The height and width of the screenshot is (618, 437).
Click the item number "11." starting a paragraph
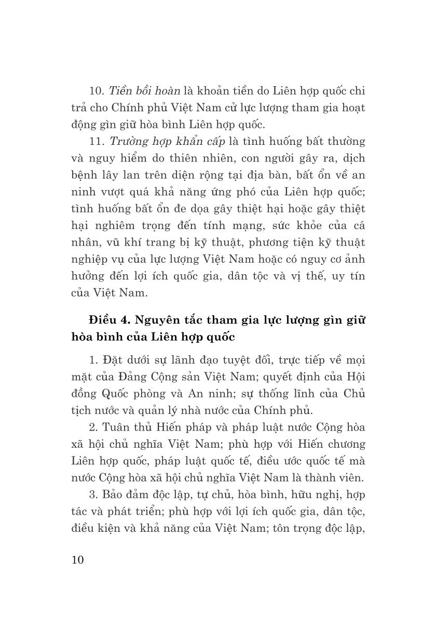pos(97,141)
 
